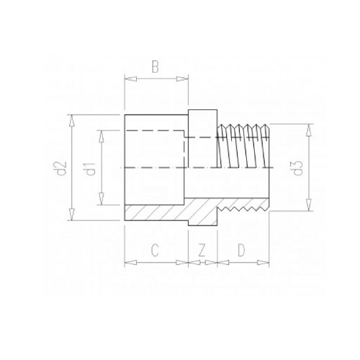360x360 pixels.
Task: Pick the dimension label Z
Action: [202, 250]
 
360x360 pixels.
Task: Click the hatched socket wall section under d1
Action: [155, 214]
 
